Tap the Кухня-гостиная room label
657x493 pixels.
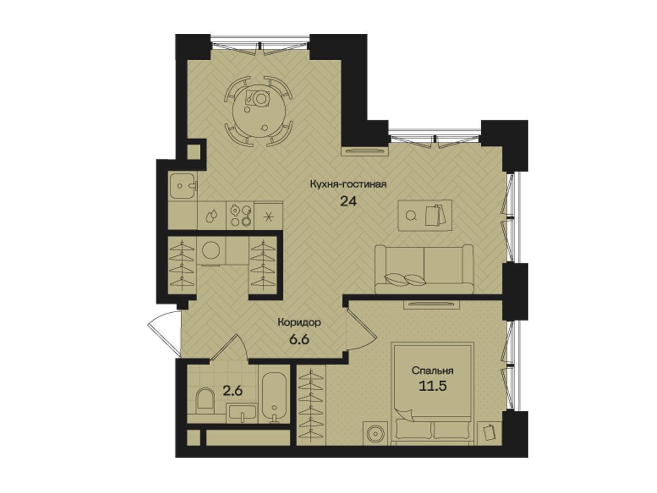pyautogui.click(x=348, y=184)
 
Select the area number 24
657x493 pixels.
pyautogui.click(x=348, y=202)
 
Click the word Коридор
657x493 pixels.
pyautogui.click(x=299, y=323)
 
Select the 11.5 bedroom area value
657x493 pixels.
pyautogui.click(x=433, y=386)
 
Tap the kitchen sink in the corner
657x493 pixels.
pyautogui.click(x=182, y=186)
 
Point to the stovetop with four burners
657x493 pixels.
pyautogui.click(x=240, y=215)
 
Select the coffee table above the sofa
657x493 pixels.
pyautogui.click(x=425, y=215)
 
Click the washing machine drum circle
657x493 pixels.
pyautogui.click(x=211, y=250)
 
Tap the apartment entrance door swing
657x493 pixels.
pyautogui.click(x=164, y=334)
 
